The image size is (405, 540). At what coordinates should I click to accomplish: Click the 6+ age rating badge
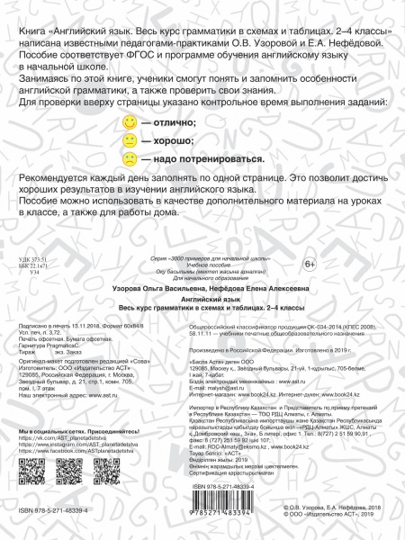click(307, 263)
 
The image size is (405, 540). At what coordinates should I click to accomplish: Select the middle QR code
click(83, 476)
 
